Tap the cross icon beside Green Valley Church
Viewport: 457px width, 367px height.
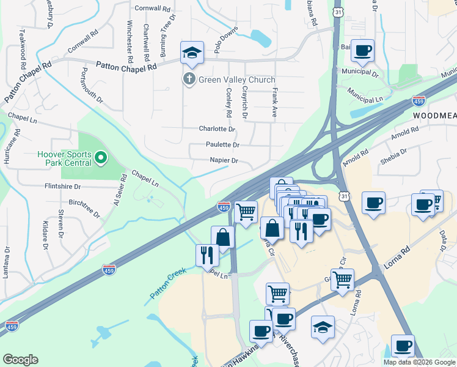[x=189, y=80]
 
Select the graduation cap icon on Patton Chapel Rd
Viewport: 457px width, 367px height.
[x=192, y=54]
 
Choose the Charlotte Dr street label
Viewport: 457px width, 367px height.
[x=217, y=129]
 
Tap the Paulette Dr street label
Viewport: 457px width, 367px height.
[x=222, y=145]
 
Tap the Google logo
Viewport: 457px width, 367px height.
[x=20, y=360]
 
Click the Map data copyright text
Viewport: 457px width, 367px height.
[x=420, y=362]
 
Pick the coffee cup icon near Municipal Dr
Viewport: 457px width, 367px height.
[x=363, y=51]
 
